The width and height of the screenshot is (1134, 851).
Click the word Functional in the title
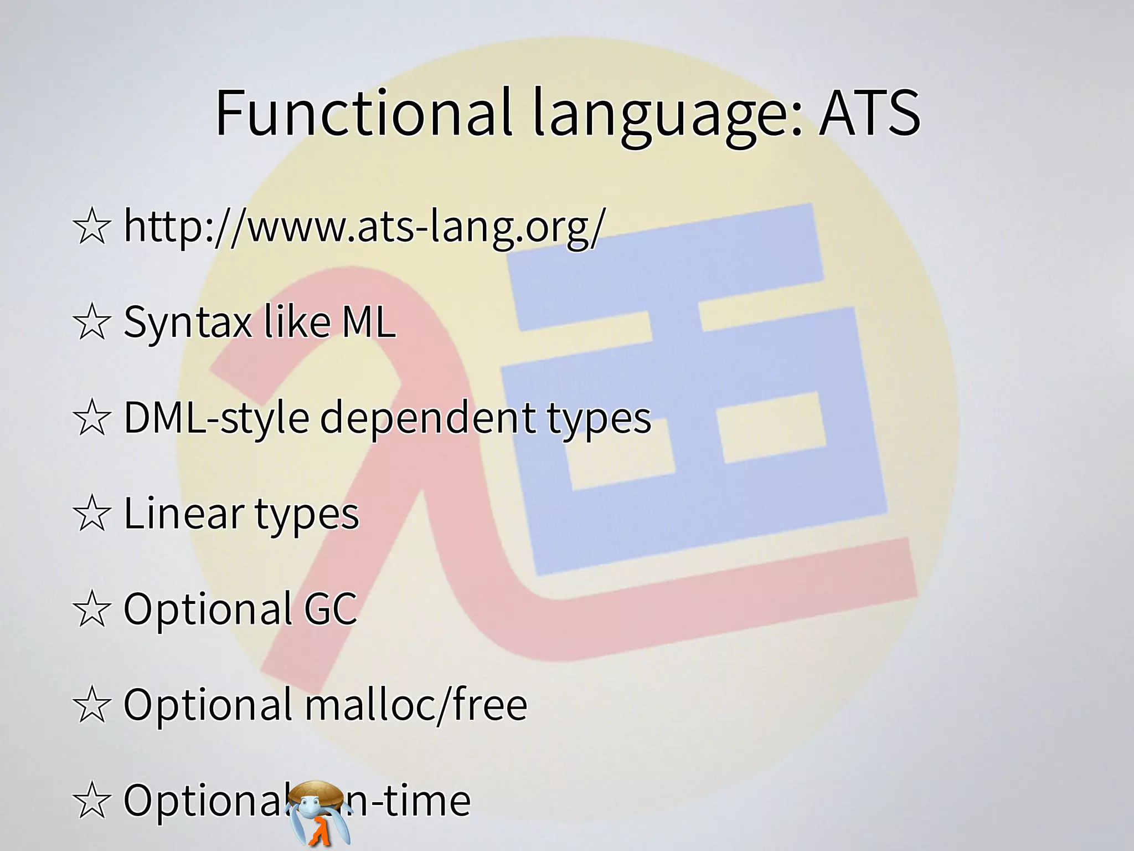[363, 114]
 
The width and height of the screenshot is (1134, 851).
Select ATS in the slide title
[869, 114]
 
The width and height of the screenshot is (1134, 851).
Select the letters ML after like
[368, 322]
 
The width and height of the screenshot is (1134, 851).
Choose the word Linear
[183, 513]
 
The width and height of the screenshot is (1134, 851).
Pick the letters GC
[330, 608]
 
